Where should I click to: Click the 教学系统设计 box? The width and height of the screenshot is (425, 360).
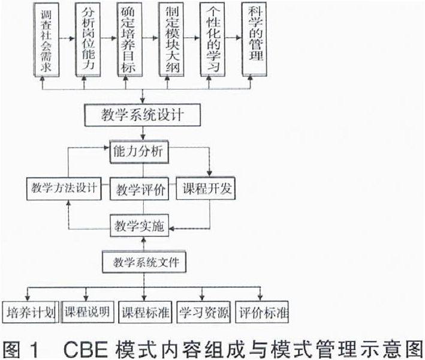click(141, 114)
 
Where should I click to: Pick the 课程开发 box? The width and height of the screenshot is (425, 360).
click(205, 189)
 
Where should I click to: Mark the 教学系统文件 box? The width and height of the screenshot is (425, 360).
click(141, 262)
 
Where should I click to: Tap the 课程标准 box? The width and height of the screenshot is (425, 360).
click(144, 311)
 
